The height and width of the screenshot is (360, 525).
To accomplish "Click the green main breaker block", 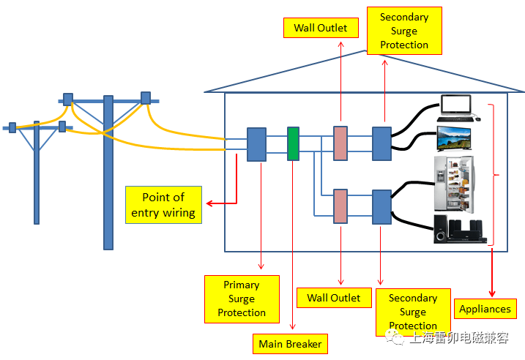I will tap(293, 143).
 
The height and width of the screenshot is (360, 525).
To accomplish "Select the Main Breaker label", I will tap(290, 343).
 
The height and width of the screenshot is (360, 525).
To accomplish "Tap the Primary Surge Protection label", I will tap(242, 299).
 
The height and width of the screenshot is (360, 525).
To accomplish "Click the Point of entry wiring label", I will tap(163, 205).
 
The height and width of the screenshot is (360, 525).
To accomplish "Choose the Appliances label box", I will tap(485, 310).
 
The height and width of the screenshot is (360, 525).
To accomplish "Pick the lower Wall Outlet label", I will tap(334, 298).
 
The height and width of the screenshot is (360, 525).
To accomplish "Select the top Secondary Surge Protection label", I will tap(404, 31).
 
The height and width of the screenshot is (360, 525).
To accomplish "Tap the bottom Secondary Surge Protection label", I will tap(413, 312).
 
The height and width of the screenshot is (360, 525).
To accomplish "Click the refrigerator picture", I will tap(454, 183).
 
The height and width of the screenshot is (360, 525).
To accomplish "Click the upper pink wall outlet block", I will tap(340, 143).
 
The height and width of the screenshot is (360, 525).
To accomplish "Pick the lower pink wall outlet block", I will tap(340, 206).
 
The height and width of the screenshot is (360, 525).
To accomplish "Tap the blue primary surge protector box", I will tap(256, 144).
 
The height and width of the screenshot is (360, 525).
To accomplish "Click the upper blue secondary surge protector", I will tap(382, 143).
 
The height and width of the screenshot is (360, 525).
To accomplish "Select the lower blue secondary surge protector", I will tap(382, 207).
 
